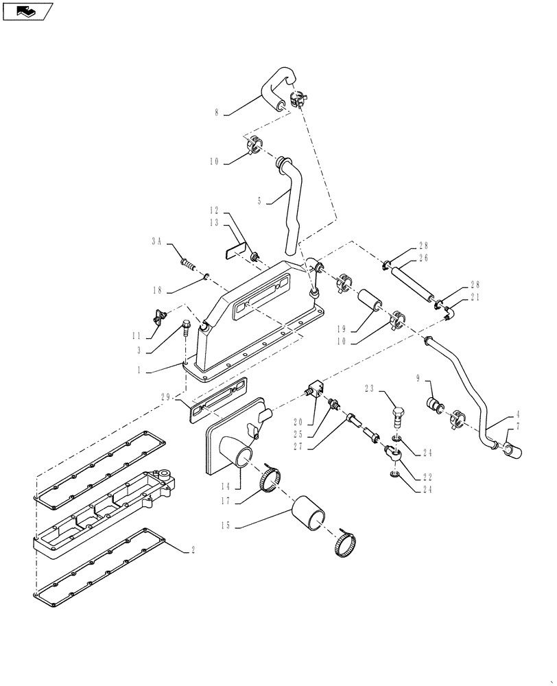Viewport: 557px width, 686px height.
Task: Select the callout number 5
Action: (260, 202)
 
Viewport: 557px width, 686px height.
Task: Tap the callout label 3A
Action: (157, 242)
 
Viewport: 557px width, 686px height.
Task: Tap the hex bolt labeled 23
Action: (398, 416)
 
